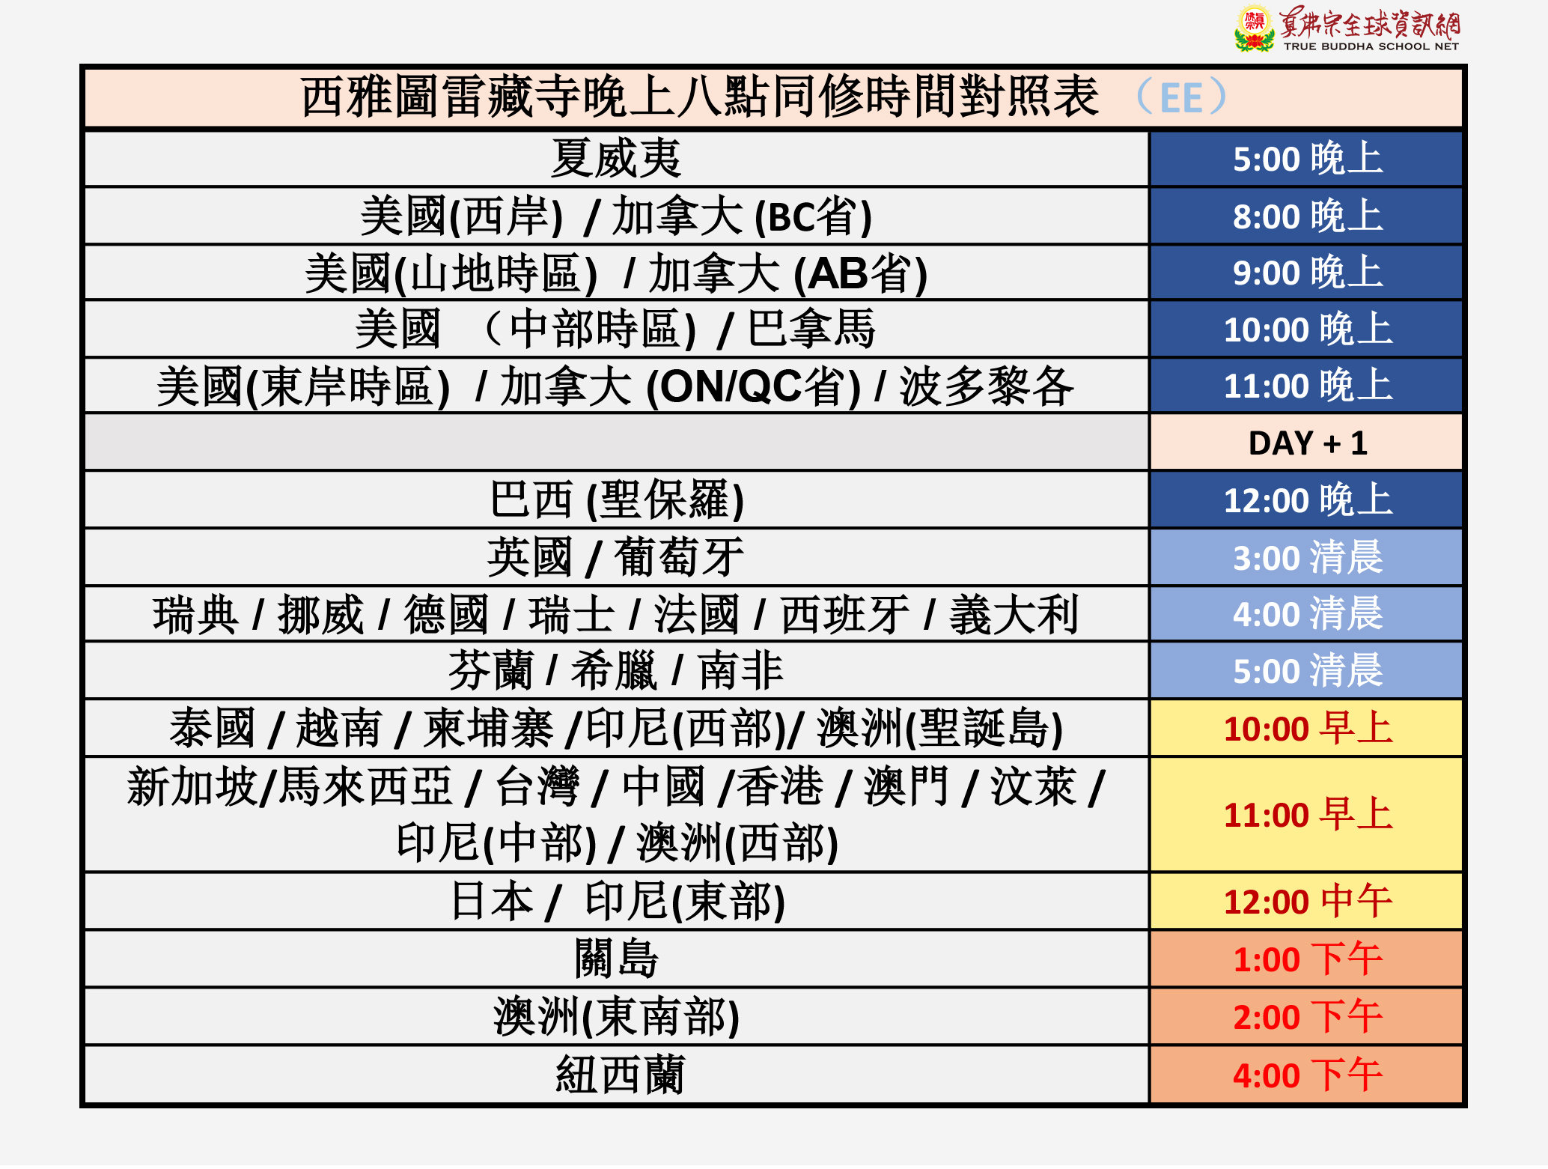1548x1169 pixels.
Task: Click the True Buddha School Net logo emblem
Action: click(x=1254, y=28)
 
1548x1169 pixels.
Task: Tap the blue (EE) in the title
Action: click(x=1181, y=97)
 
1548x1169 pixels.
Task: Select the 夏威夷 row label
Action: click(x=616, y=159)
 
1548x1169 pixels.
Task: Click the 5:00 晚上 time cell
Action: click(x=1306, y=159)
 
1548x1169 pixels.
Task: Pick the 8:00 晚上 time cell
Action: click(x=1306, y=216)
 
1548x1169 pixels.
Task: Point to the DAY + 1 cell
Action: click(x=1306, y=443)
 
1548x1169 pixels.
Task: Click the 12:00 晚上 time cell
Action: click(x=1306, y=500)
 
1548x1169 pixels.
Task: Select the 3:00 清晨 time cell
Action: click(x=1306, y=557)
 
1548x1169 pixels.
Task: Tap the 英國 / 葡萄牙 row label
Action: click(x=615, y=557)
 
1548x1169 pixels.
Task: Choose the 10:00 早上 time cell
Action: click(x=1306, y=728)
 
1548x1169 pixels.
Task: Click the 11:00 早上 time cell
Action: click(x=1306, y=814)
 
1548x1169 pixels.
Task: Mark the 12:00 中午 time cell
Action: click(x=1306, y=901)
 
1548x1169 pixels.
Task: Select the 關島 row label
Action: click(x=616, y=959)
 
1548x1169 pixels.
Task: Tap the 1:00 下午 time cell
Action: click(x=1306, y=959)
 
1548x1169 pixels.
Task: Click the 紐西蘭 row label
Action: click(x=620, y=1075)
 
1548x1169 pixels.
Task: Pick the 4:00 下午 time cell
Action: click(x=1306, y=1075)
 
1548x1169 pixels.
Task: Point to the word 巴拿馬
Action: click(x=811, y=329)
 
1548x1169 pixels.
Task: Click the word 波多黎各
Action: click(x=987, y=386)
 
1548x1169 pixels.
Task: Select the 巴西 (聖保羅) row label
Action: click(x=617, y=500)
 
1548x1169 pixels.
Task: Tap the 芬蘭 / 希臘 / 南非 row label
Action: click(x=615, y=670)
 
